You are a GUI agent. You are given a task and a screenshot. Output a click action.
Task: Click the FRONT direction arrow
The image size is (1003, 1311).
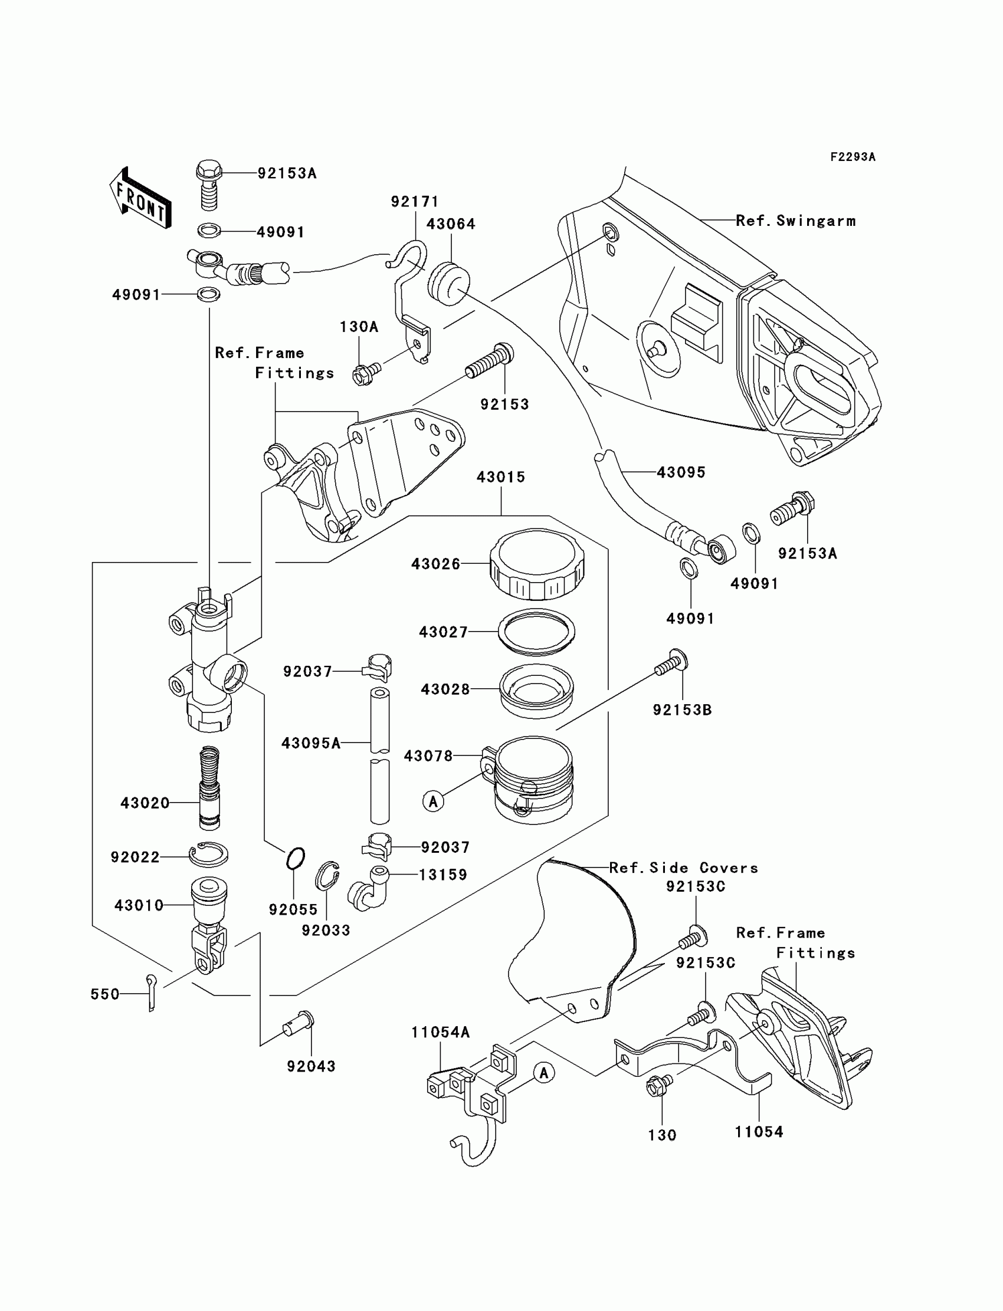140,198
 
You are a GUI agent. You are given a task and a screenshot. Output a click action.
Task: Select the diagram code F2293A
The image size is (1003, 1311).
853,157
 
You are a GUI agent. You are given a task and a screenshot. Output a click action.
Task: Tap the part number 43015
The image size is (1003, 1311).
501,477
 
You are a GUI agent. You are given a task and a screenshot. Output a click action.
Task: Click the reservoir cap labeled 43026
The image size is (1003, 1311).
537,564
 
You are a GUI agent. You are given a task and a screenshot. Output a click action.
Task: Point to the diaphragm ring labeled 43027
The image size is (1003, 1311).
537,632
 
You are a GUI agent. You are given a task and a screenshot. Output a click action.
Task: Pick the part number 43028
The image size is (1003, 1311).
445,689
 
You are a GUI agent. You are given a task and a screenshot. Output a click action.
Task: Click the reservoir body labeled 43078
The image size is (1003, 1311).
528,780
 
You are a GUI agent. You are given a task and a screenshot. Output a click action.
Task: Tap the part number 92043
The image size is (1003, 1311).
311,1066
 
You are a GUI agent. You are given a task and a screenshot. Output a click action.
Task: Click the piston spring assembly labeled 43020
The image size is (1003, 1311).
209,788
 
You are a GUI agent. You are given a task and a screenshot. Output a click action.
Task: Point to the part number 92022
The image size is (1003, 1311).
136,857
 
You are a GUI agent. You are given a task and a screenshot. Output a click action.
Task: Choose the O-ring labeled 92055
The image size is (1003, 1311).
296,859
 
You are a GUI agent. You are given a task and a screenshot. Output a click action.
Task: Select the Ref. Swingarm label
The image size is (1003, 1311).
796,221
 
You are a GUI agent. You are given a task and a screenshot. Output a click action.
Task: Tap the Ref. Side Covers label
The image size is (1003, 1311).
684,868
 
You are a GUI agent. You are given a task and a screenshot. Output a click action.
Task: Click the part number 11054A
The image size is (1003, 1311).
441,1031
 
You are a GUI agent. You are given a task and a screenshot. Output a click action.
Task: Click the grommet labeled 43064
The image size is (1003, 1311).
449,284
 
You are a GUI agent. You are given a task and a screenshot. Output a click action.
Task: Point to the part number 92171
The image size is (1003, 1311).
415,202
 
